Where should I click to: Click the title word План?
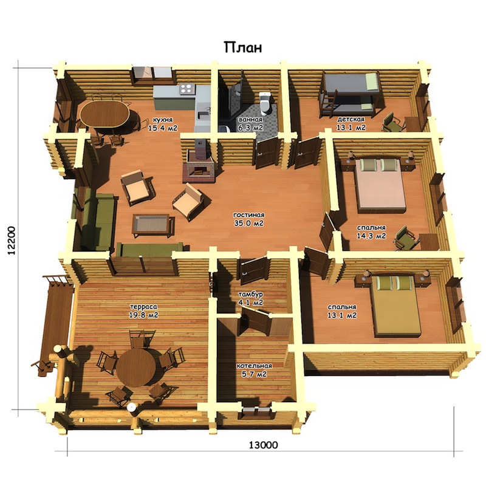[243, 47]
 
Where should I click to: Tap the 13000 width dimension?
[264, 445]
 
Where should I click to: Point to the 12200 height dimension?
[12, 241]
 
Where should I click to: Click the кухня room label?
[162, 120]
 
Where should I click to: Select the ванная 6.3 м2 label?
[250, 123]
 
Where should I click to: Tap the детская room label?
[351, 119]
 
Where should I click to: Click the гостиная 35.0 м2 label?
[249, 219]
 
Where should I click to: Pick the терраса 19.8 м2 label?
[143, 311]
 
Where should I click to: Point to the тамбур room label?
[250, 294]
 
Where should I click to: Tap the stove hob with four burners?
[187, 89]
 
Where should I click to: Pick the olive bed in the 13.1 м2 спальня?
[396, 305]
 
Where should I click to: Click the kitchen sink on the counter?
[203, 115]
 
